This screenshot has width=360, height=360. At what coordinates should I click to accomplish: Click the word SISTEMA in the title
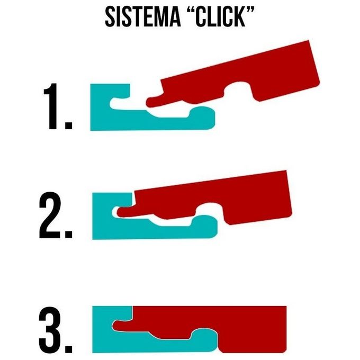point(142,16)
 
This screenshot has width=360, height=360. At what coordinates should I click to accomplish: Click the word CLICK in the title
point(220,16)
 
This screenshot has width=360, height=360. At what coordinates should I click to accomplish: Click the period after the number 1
point(69,125)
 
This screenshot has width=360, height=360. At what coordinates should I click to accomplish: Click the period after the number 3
point(69,349)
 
